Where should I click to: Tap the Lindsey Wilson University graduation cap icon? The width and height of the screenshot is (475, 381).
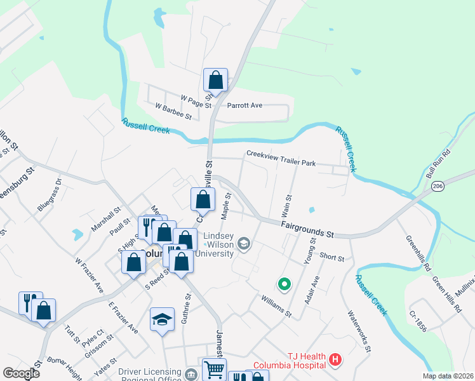pos(243,244)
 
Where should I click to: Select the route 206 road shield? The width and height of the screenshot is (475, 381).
pos(437,186)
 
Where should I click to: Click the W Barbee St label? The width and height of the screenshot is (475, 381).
pos(173,112)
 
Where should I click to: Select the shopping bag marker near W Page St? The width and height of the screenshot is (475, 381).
pos(215,81)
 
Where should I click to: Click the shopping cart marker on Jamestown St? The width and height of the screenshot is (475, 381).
pos(214,369)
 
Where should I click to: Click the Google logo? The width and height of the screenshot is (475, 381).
pos(21,373)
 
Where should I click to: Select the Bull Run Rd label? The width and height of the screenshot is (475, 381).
pos(438,163)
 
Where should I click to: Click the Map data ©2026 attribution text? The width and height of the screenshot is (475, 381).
pos(447,376)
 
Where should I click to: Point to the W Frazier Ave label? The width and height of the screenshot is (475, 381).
pos(89,274)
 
